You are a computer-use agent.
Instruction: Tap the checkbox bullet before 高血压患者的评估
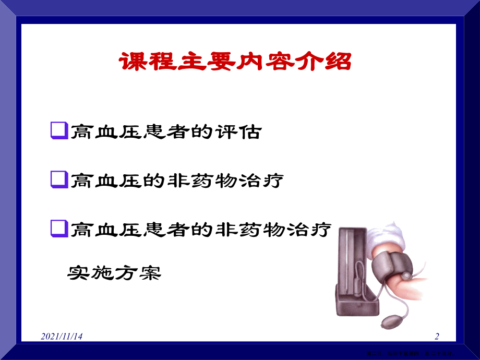59,130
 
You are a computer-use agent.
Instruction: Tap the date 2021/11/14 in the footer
62,337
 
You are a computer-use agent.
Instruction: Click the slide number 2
437,337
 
